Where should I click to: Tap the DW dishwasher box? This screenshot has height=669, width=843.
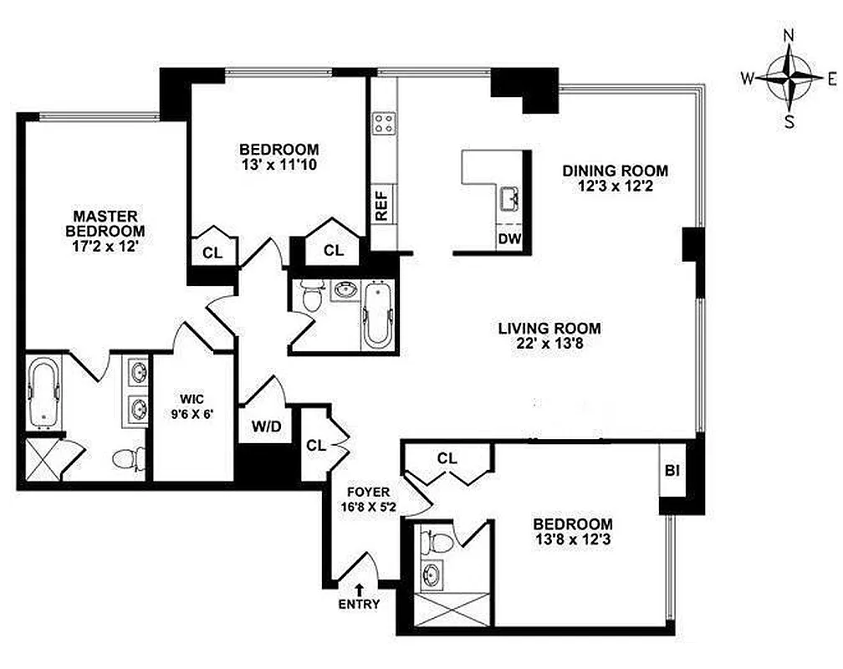509,239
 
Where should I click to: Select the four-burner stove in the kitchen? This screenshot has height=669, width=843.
384,125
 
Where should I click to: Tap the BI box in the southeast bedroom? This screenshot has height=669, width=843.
672,470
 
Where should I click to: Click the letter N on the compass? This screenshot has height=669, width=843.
788,35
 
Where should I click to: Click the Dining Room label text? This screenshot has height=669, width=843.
615,171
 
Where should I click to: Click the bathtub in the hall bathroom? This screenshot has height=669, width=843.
376,316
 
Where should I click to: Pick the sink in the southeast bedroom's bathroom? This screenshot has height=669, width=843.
433,576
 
